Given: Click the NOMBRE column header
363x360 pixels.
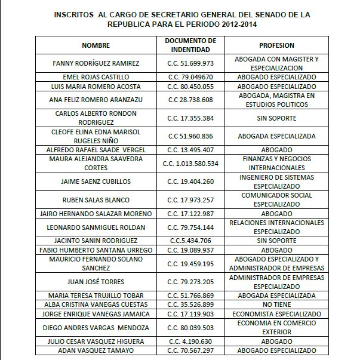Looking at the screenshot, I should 96,45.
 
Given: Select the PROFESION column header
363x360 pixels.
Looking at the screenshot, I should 276,45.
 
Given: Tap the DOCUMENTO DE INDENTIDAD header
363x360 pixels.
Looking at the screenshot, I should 189,45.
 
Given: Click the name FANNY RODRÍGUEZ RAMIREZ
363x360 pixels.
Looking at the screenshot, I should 96,63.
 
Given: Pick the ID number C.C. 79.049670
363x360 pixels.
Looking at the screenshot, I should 189,76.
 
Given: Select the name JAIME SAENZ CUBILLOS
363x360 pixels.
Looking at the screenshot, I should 96,180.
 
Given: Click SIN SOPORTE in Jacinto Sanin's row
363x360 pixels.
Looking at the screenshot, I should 276,241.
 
